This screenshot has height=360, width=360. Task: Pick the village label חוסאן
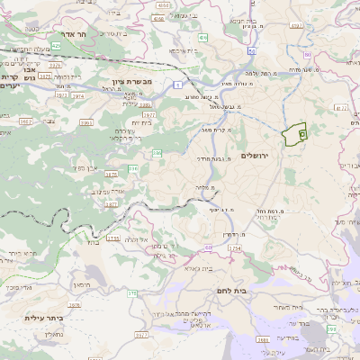pos(82,284)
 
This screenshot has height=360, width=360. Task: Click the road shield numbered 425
pos(56,43)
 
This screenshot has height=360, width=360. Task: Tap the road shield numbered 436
pos(203,38)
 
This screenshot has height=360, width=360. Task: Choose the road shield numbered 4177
pos(341,108)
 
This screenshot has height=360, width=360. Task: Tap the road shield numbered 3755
pos(113,238)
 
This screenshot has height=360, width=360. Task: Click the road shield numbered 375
pos(132,292)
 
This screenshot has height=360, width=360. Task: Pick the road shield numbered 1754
pos(235,247)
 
